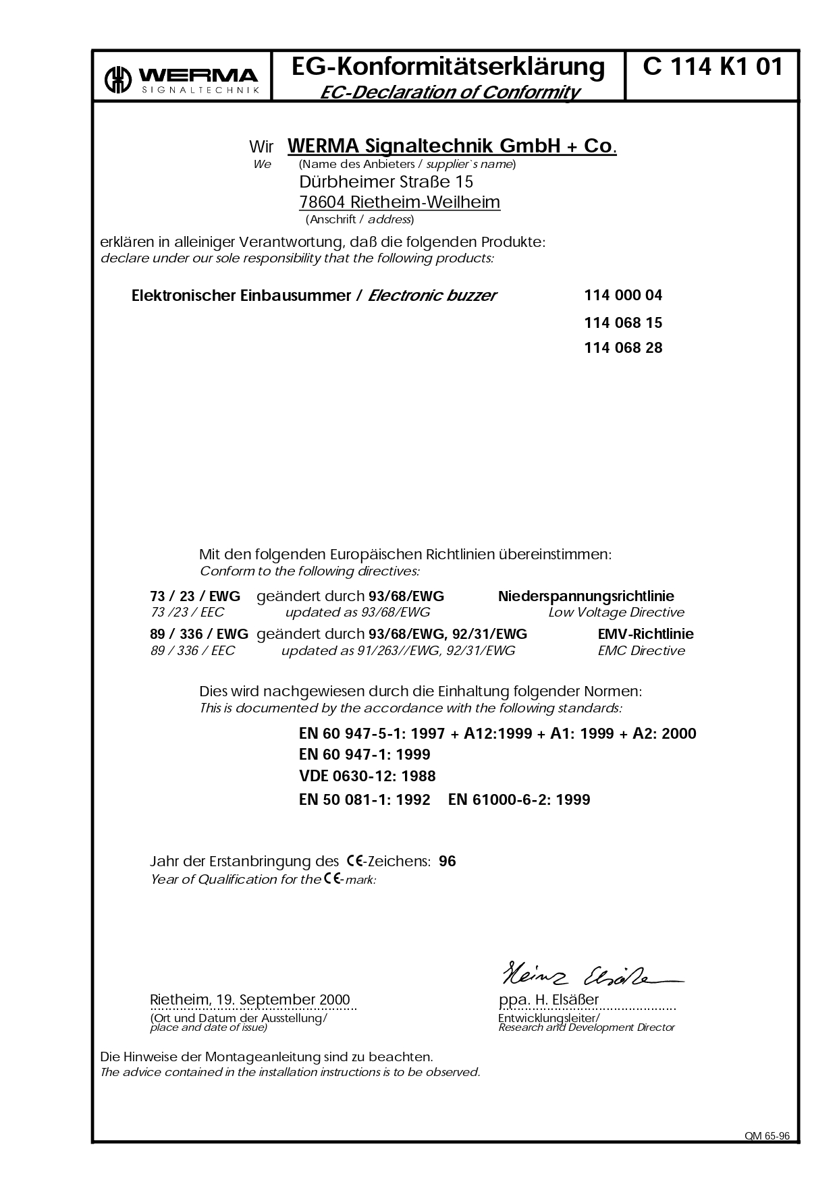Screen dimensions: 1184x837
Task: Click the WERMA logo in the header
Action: pos(182,78)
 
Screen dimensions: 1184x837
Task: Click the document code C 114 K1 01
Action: pos(713,67)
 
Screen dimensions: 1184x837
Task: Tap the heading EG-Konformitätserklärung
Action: pos(448,67)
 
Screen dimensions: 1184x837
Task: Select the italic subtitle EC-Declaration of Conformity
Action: pos(450,92)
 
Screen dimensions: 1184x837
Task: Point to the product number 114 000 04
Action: pos(623,295)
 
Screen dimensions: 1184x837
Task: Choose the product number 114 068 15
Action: pos(623,323)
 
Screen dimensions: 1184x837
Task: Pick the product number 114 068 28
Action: pos(623,348)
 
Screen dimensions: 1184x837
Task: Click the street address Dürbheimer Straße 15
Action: pos(385,182)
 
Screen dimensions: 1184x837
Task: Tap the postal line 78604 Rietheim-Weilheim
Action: pos(399,202)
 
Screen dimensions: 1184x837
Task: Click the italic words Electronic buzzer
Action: pos(432,295)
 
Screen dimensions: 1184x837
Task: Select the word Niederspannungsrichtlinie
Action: pos(586,596)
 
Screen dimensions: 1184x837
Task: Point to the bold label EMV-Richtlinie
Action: pos(645,634)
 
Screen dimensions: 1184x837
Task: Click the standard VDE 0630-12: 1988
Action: pos(367,776)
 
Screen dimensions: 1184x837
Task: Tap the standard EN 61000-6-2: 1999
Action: pos(519,800)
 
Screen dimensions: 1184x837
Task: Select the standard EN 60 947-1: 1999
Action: pos(364,754)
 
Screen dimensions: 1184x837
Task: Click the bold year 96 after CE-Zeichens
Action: pos(447,862)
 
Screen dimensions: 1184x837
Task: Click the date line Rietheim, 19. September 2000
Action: pos(250,1000)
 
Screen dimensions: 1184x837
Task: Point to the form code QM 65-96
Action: pos(767,1136)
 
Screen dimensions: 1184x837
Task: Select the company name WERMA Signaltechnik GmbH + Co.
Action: pos(452,146)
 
